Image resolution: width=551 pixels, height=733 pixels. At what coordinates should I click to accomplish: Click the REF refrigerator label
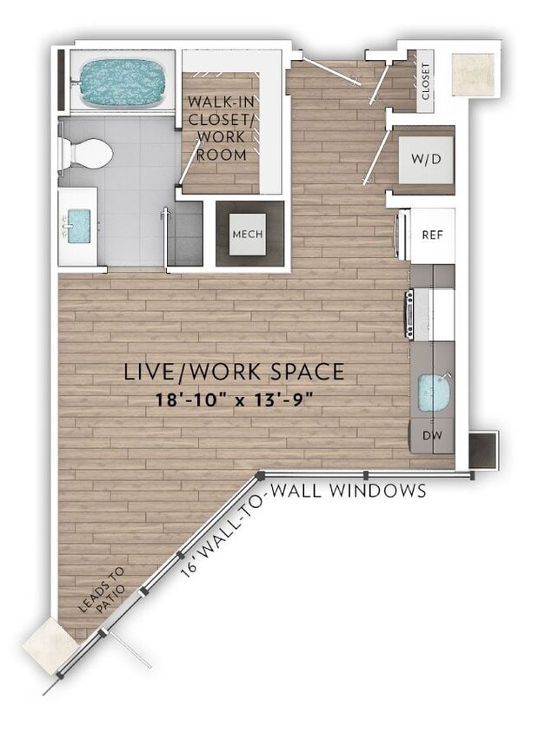click(433, 234)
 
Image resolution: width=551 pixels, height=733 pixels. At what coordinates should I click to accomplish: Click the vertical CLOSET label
click(426, 82)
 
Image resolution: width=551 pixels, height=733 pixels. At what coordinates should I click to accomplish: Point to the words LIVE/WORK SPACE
click(235, 372)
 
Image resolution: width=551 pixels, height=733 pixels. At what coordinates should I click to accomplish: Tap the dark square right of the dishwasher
click(482, 449)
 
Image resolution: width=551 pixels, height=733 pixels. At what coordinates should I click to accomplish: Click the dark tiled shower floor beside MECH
click(185, 233)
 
